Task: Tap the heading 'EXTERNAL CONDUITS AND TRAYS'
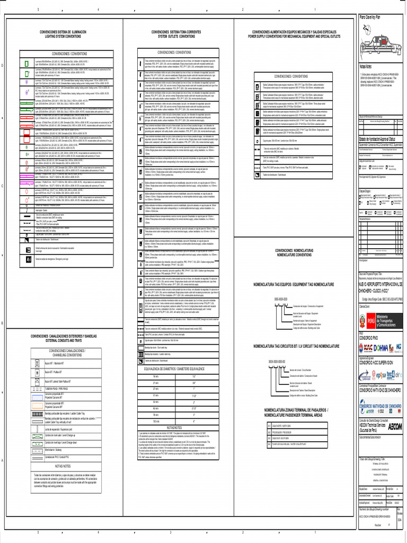coord(64,339)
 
